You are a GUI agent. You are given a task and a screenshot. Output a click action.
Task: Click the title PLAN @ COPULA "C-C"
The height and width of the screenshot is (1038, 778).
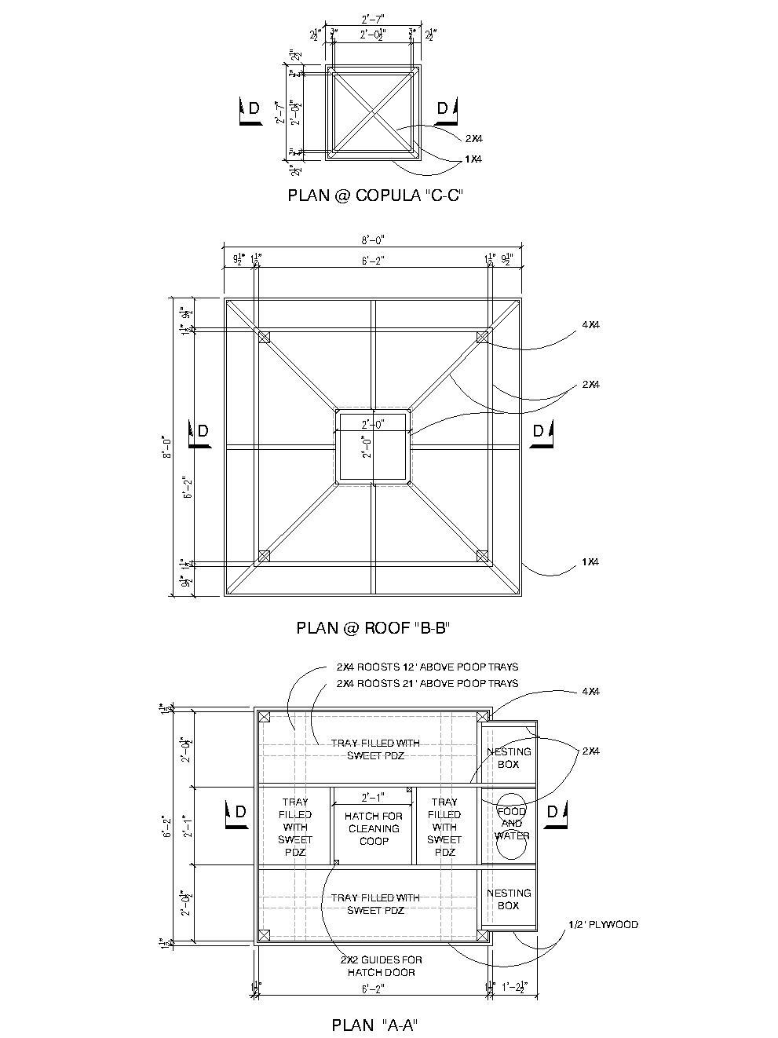point(375,196)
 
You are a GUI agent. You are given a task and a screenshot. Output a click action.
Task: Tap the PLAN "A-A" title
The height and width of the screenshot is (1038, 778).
point(374,1025)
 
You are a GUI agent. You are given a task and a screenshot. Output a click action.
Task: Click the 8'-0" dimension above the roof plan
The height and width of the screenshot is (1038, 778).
point(374,240)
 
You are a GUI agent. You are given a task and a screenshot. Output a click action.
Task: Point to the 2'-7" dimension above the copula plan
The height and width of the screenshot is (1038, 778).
point(374,17)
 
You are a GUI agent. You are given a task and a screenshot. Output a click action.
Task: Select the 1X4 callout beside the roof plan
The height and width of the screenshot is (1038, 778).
point(590,562)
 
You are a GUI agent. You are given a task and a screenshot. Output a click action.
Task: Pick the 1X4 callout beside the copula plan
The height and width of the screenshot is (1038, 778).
point(473,159)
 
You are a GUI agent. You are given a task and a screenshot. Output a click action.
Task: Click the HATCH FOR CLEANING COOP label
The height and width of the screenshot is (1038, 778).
point(374,828)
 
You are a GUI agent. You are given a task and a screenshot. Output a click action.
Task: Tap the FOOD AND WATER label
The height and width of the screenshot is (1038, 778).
point(511,824)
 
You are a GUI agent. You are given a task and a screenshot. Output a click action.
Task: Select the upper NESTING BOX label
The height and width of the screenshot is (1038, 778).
point(509,758)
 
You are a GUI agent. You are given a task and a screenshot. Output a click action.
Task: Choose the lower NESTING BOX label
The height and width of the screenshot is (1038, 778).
point(509,899)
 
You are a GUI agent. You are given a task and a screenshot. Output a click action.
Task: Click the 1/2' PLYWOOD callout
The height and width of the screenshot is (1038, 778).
point(603,924)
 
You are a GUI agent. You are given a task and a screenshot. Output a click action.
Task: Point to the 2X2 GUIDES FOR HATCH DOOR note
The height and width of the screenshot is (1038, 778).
point(381,966)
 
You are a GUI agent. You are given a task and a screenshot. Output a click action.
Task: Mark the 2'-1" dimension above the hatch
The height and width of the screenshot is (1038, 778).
point(374,797)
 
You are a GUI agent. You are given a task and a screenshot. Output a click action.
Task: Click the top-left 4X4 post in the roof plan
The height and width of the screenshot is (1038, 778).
point(264,338)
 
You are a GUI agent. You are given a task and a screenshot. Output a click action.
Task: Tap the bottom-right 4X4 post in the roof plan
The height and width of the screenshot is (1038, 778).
point(482,557)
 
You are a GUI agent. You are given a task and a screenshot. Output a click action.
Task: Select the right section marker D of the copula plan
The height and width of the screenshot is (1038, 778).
point(444,111)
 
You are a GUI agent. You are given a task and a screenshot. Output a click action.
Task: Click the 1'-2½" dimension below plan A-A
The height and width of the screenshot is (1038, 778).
point(514,986)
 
